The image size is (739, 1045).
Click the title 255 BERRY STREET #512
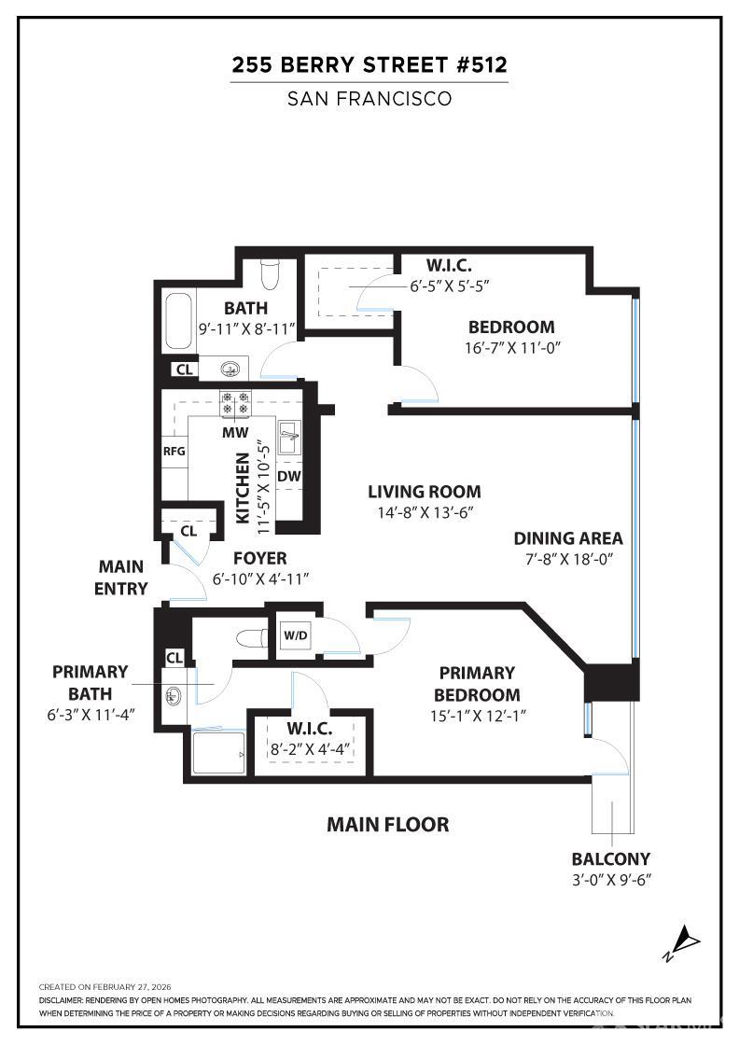point(369,65)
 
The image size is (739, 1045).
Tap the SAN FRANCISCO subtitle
point(369,98)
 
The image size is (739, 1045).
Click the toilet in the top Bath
point(271,272)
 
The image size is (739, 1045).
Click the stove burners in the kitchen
point(234,403)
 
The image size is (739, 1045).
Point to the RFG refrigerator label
point(174,452)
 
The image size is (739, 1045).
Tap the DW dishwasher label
point(288,477)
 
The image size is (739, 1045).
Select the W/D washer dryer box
point(295,636)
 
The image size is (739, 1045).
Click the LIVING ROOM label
point(424,492)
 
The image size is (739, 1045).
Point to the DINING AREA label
point(568,538)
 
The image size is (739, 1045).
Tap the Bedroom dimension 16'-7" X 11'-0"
point(510,347)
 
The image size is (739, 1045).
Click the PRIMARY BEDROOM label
point(477,684)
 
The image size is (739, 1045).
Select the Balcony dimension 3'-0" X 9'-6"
point(611,880)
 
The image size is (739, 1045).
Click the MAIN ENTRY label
point(122,578)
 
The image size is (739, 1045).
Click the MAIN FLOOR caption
point(387,825)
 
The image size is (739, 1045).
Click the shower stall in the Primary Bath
point(216,751)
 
